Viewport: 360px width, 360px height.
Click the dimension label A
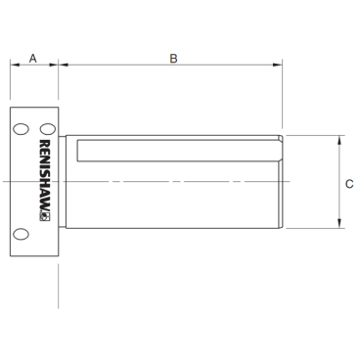tap(33, 59)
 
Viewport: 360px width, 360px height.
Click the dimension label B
tap(173, 59)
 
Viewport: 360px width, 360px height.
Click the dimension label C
tap(349, 184)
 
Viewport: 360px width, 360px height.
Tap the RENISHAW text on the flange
tap(45, 176)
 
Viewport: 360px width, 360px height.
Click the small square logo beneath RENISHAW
tap(45, 217)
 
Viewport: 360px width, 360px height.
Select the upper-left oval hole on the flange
tap(21, 129)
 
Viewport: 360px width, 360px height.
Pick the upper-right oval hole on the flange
tap(48, 129)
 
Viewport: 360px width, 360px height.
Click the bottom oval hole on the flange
tap(21, 234)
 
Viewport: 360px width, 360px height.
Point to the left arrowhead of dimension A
tap(15, 65)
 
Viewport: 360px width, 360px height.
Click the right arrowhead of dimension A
tap(54, 65)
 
